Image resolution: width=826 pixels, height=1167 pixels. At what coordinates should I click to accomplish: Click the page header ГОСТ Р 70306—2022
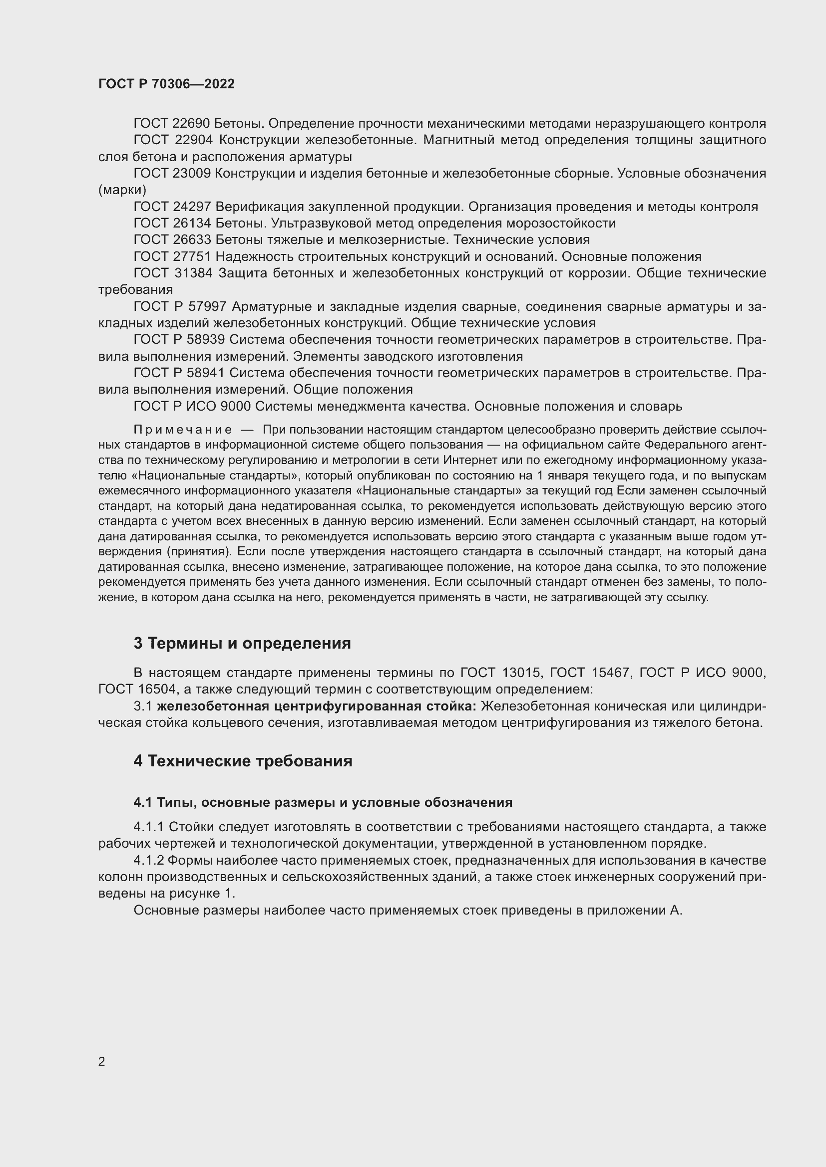(x=166, y=84)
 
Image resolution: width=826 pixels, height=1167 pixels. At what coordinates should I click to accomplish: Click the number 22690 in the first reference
(x=192, y=124)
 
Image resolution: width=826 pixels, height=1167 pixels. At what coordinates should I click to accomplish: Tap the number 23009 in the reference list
(x=192, y=173)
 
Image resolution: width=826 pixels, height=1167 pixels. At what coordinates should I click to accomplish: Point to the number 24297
(x=192, y=207)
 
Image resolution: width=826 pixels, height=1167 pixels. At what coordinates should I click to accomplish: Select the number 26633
(x=192, y=240)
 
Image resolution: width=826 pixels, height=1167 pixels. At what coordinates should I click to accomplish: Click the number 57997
(x=210, y=306)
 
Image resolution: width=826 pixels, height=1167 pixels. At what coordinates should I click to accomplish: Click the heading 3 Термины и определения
(x=242, y=644)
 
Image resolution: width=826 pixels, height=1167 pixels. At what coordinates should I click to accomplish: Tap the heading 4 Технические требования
(x=243, y=761)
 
